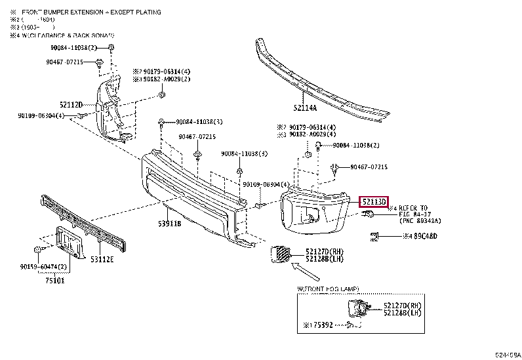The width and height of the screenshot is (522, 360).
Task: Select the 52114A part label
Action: (x=305, y=108)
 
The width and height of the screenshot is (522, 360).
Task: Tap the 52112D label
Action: (x=71, y=104)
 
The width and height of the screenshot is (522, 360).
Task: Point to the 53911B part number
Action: (x=169, y=224)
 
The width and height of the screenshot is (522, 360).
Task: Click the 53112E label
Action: (x=102, y=259)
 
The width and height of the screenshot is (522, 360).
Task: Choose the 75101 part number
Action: (x=56, y=279)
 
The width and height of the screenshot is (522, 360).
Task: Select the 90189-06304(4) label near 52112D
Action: (x=41, y=115)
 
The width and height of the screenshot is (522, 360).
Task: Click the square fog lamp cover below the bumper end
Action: (x=280, y=254)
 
